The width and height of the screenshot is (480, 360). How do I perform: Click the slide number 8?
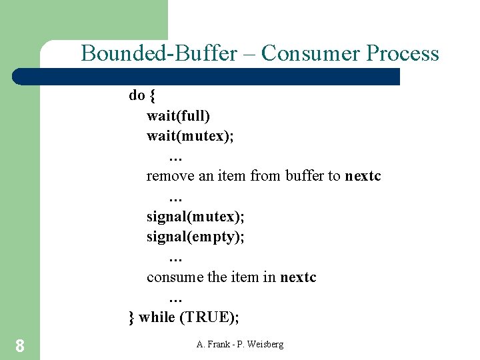tap(20, 345)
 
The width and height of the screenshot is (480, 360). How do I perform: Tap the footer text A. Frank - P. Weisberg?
tap(240, 344)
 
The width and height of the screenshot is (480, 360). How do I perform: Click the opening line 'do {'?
tap(142, 95)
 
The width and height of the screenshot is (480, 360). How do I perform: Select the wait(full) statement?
tap(178, 116)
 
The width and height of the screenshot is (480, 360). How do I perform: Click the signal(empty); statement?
tap(195, 237)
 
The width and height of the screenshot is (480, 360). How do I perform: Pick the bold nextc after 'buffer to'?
tap(363, 176)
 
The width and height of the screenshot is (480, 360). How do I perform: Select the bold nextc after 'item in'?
tap(298, 277)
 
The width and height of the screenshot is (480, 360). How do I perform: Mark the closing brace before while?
tap(131, 317)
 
